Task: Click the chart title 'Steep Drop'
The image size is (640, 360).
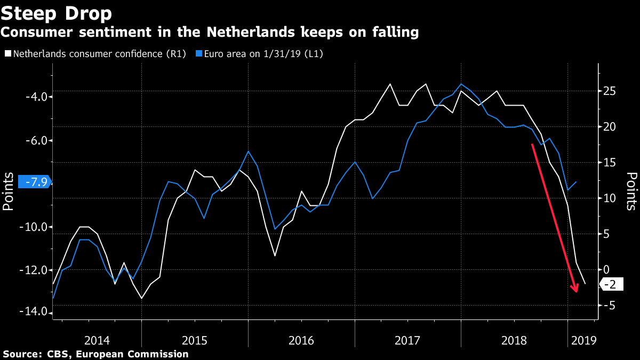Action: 56,13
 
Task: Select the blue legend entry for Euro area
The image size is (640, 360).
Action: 260,54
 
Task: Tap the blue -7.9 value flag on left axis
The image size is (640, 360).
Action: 35,182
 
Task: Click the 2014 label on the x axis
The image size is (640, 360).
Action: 97,340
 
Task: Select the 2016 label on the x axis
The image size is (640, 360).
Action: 301,340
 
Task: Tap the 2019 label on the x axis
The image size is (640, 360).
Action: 582,340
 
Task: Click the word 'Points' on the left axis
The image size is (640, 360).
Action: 9,190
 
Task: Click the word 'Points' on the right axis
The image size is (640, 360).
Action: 631,190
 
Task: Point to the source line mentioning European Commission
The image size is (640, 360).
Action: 96,354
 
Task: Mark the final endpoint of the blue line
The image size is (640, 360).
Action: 577,182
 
